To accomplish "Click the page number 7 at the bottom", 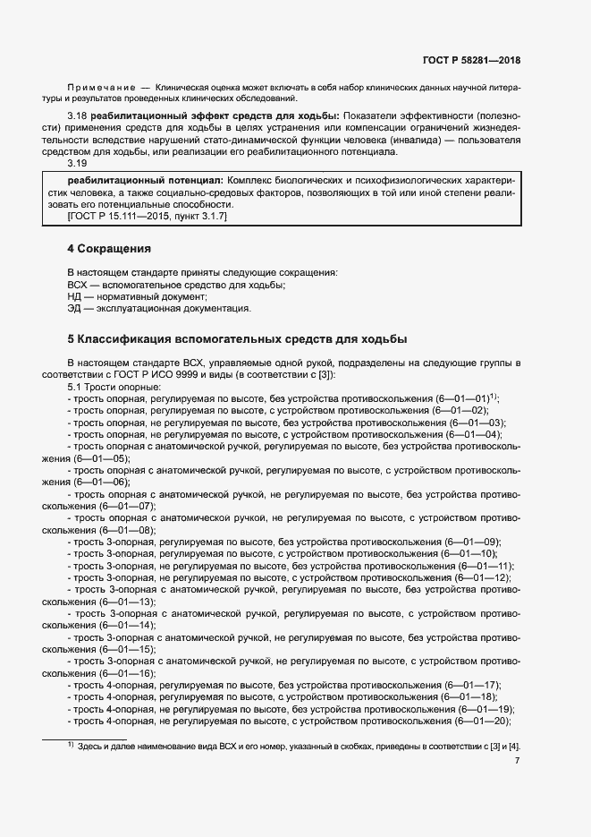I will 517,760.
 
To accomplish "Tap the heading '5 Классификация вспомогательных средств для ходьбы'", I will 237,339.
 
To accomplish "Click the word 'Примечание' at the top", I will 101,87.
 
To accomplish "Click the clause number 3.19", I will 77,164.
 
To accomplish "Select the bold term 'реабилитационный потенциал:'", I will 141,180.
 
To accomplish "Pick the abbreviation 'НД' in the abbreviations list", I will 75,296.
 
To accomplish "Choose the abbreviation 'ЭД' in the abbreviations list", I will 74,309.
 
